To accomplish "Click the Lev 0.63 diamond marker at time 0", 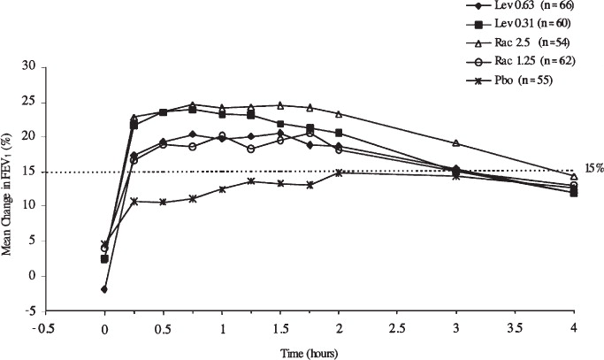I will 104,289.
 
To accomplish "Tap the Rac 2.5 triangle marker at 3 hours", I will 456,142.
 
